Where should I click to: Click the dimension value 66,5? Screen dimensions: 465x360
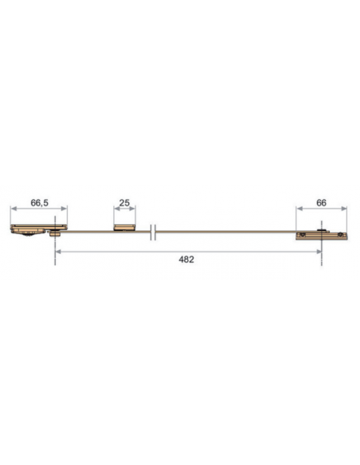[40, 203]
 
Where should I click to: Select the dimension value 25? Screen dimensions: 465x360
[124, 203]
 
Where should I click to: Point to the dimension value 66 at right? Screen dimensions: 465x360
[321, 203]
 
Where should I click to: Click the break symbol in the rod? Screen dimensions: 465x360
[155, 231]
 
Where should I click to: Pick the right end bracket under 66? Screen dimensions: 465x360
[322, 236]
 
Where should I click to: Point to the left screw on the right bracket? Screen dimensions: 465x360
[303, 236]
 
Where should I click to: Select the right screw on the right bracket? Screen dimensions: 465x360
[342, 236]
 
